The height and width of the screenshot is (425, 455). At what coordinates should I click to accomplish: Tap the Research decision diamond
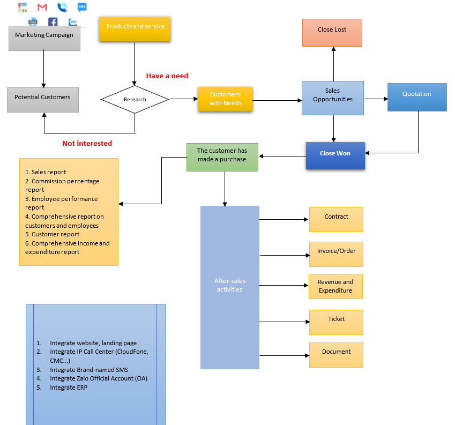[x=135, y=99]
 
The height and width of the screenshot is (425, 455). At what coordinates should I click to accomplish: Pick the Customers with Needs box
[x=225, y=99]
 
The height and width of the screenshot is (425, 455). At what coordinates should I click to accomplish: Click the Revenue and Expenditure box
[x=335, y=286]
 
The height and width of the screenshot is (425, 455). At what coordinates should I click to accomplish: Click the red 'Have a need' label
[x=167, y=76]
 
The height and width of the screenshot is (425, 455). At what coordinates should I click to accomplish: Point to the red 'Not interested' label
[x=87, y=144]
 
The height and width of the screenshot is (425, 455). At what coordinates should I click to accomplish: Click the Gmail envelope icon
[x=42, y=8]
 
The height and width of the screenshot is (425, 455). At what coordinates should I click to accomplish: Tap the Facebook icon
[x=53, y=23]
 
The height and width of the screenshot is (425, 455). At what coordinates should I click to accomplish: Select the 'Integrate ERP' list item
[x=69, y=387]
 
